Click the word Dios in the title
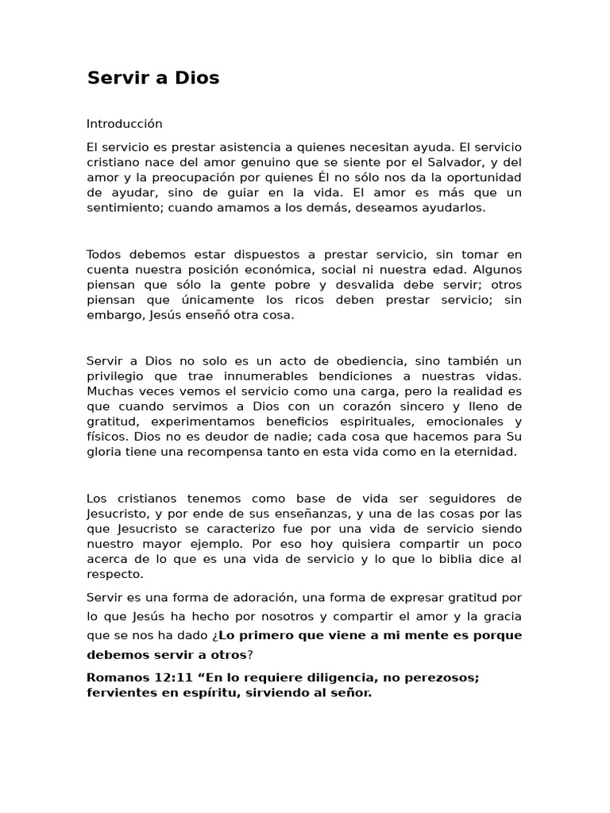click(x=196, y=78)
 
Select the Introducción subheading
click(x=124, y=124)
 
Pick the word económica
click(x=314, y=269)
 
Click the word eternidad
click(x=486, y=452)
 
